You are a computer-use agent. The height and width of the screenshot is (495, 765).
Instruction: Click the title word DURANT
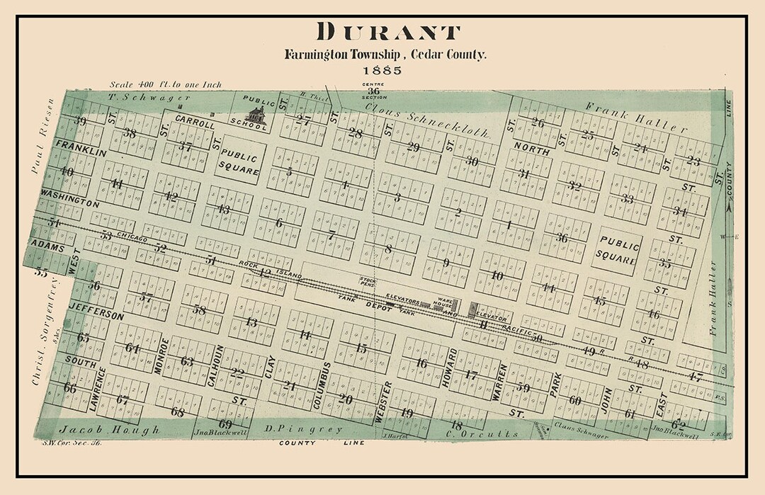(x=388, y=32)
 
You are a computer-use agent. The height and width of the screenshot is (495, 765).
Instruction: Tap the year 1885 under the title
(x=382, y=70)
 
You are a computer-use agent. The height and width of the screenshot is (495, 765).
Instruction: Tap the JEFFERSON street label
(x=97, y=312)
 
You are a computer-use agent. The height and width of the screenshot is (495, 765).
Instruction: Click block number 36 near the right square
(x=562, y=238)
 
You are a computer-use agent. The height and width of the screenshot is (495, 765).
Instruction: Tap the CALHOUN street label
(x=210, y=365)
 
